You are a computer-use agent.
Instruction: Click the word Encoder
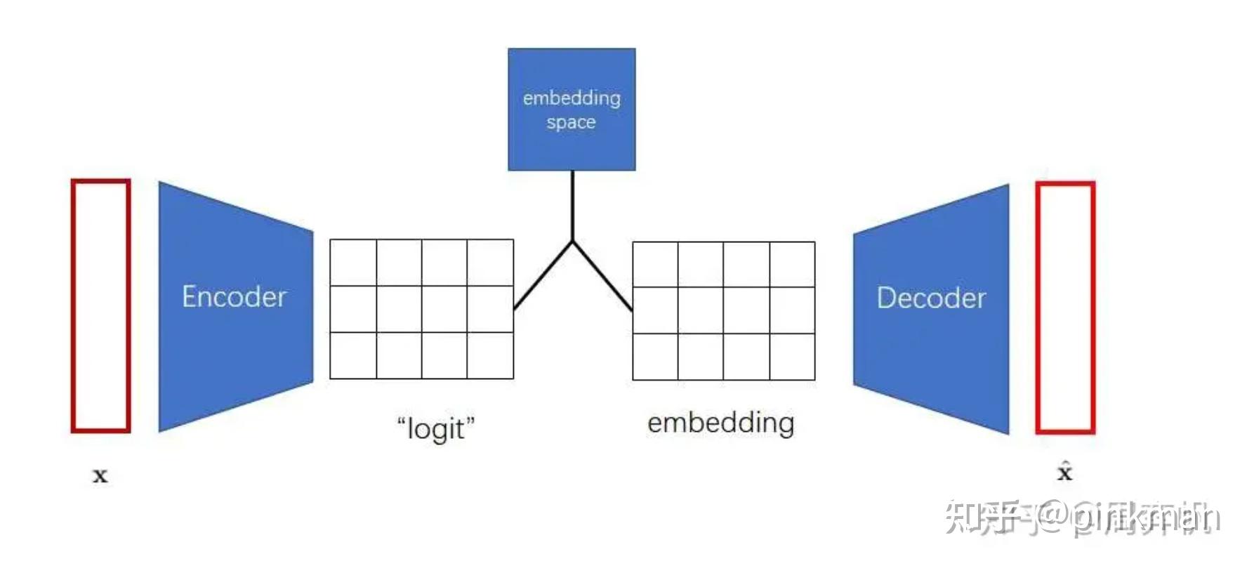[x=234, y=297]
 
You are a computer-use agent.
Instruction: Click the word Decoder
[x=931, y=298]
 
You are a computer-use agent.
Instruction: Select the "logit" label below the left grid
[x=435, y=428]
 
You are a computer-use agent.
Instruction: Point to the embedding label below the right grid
[x=720, y=423]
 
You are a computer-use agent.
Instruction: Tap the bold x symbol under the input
[x=100, y=475]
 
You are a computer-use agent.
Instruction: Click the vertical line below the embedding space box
[x=572, y=205]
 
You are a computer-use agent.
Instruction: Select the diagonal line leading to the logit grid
[x=543, y=275]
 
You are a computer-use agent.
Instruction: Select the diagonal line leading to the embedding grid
[x=602, y=275]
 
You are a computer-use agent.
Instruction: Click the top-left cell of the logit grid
[x=353, y=263]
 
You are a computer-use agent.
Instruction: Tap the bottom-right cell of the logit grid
[x=490, y=355]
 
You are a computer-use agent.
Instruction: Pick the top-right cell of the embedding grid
[x=792, y=264]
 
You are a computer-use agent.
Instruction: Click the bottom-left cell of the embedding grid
[x=655, y=357]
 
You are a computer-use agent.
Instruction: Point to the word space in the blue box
[x=571, y=123]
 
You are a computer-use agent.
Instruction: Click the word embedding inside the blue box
[x=572, y=98]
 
